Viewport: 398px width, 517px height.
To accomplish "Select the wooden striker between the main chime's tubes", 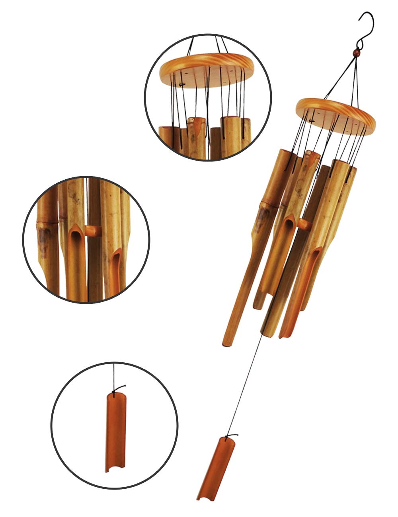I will tap(305, 224).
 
